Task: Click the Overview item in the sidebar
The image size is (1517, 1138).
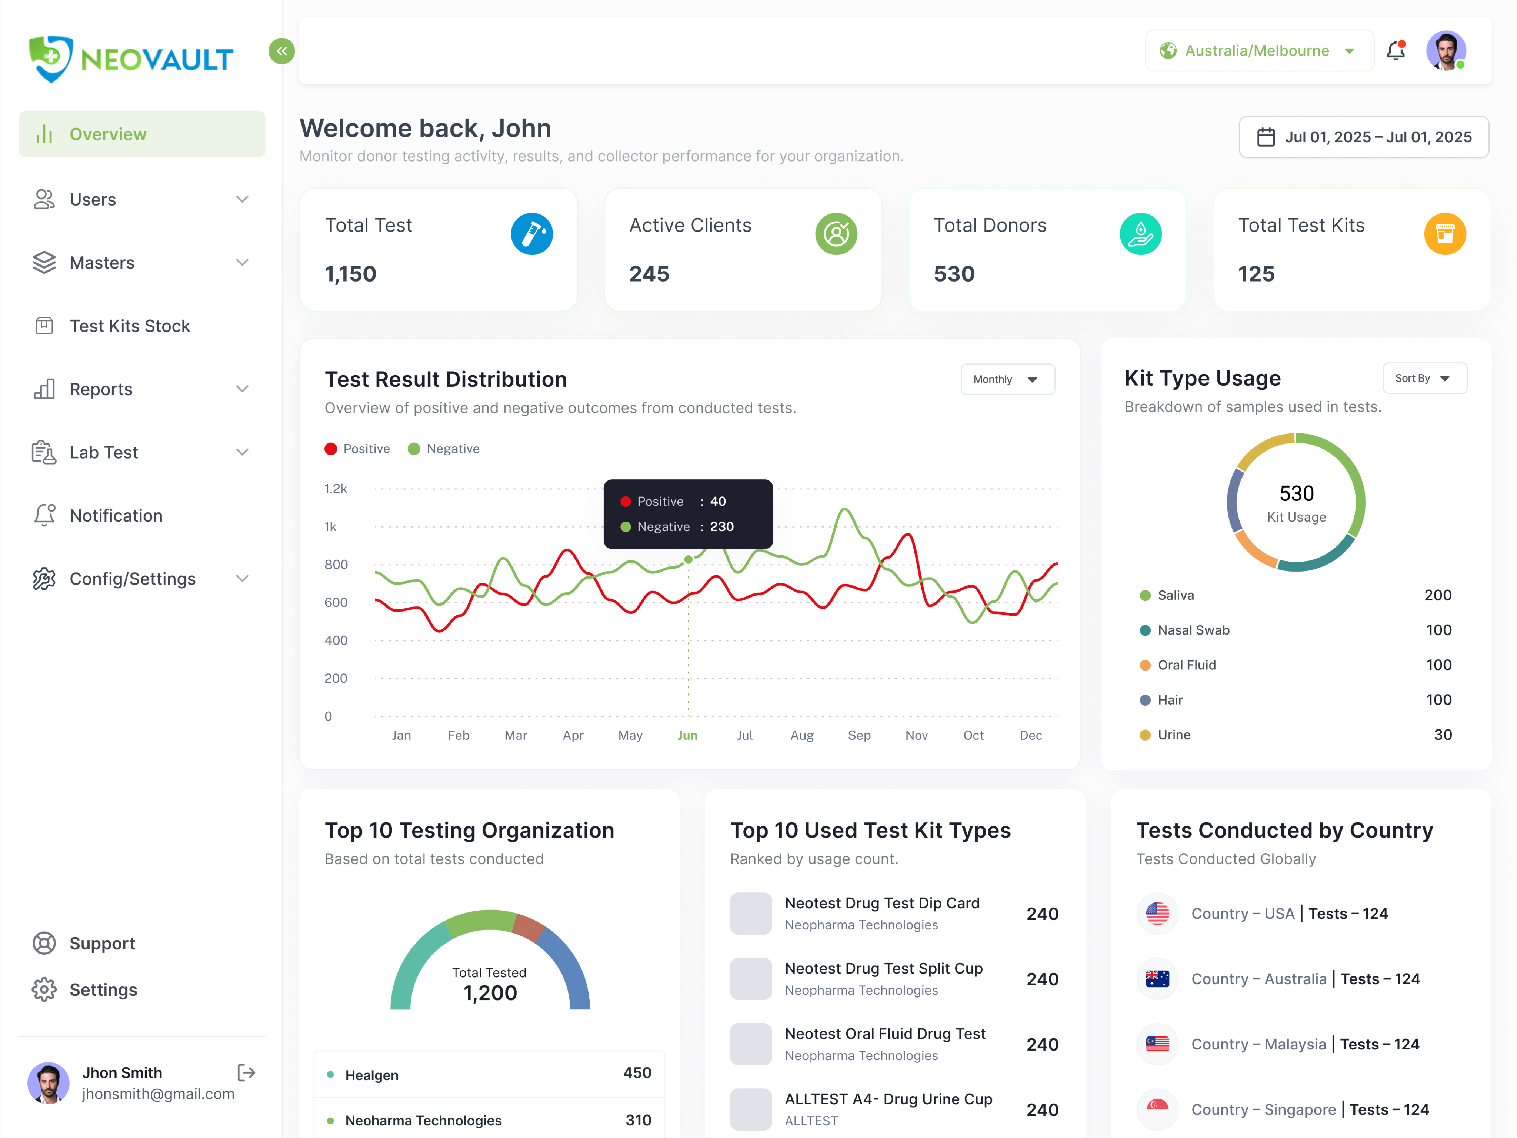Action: (x=108, y=134)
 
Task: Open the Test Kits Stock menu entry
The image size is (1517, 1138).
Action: (x=130, y=326)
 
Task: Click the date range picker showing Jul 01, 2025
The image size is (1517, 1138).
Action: (x=1363, y=137)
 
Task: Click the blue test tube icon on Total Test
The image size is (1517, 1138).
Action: (x=531, y=234)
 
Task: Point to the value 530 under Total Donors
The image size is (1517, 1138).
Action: (x=954, y=274)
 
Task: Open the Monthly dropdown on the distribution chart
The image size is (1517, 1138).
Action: (x=1007, y=379)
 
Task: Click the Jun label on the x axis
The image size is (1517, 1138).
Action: (x=687, y=735)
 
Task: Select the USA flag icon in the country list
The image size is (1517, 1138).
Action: (x=1158, y=914)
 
